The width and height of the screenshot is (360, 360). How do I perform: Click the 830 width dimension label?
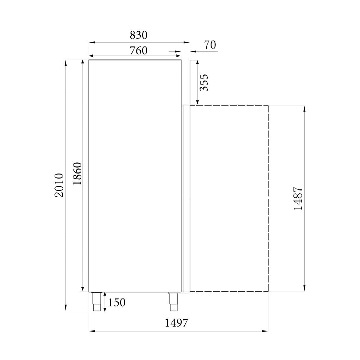139,35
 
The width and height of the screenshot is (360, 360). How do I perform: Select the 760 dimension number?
139,51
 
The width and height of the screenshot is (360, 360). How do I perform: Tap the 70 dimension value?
210,45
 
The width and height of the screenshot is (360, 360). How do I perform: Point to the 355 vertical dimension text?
204,82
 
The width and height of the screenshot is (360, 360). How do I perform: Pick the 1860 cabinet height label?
78,174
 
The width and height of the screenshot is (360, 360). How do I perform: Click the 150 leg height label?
117,303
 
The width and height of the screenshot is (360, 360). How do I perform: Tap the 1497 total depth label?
176,323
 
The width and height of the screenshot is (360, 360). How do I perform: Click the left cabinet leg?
97,302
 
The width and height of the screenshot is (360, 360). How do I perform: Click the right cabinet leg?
174,302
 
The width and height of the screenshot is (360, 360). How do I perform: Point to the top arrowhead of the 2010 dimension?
66,62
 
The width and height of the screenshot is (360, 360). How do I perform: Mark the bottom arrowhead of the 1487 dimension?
305,289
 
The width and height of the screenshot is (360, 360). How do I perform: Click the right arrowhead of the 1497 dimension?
266,331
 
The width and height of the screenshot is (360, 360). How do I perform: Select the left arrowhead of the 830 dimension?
91,42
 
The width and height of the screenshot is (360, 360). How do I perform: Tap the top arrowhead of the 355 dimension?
197,62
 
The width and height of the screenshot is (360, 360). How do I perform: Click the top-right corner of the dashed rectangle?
268,106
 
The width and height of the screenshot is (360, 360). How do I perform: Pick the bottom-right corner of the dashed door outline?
268,291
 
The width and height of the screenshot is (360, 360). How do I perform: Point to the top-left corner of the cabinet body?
89,60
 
